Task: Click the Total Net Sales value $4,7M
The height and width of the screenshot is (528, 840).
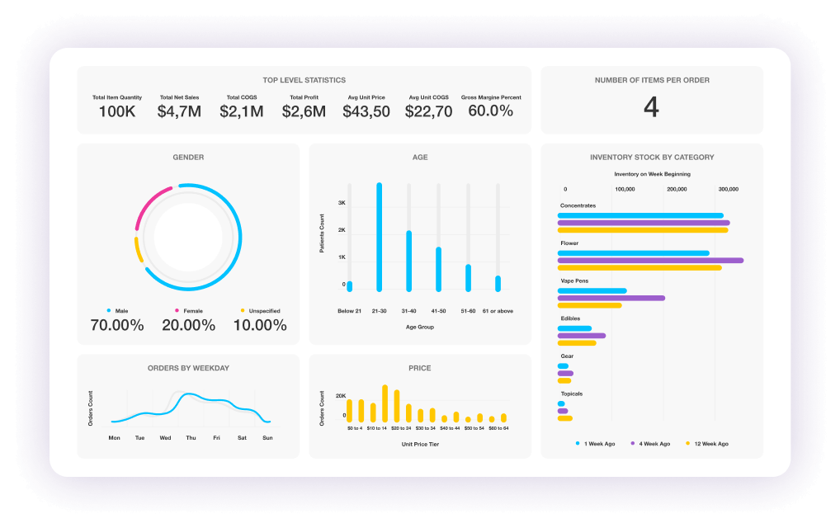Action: [x=179, y=111]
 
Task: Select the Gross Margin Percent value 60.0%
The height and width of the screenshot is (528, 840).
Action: [x=491, y=111]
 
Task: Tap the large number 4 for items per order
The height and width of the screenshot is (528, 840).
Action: [x=651, y=107]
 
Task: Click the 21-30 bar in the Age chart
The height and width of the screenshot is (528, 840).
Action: [x=380, y=238]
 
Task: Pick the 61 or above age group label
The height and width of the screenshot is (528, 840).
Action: [x=498, y=311]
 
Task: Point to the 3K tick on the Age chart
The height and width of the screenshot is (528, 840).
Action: [x=342, y=203]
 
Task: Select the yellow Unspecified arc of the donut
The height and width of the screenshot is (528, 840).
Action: [x=139, y=250]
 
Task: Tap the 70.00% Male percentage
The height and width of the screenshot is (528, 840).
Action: [x=117, y=325]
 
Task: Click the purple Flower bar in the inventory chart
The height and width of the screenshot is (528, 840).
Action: [x=650, y=261]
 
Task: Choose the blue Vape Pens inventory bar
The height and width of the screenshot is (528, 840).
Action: [x=592, y=290]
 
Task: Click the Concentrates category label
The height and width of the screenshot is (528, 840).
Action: [x=578, y=205]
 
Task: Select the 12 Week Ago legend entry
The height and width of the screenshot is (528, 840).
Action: [x=707, y=444]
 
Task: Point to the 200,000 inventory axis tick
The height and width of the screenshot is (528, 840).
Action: [x=677, y=190]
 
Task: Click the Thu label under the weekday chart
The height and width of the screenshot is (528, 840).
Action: [x=191, y=438]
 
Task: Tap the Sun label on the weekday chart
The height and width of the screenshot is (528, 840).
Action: [x=268, y=438]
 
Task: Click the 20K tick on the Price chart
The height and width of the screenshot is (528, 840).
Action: [x=341, y=396]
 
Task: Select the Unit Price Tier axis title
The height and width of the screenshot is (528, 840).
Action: [x=420, y=445]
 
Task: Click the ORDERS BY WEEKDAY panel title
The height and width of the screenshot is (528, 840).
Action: [x=189, y=369]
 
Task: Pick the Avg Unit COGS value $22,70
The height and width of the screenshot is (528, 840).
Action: [x=428, y=111]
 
